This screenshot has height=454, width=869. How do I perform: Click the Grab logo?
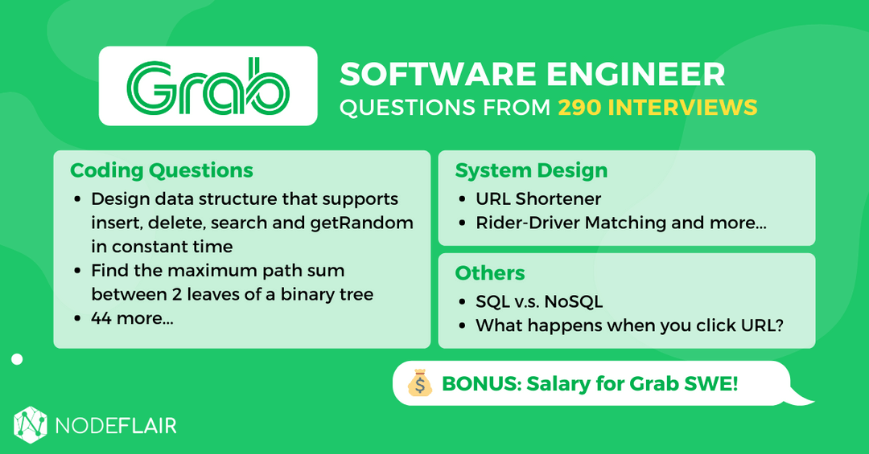pos(208,86)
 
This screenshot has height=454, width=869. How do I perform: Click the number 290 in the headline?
pos(583,107)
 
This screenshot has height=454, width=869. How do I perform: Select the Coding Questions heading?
pos(161,170)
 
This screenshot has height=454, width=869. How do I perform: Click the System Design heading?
pos(531,170)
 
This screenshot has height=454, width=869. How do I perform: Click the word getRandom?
pos(362,223)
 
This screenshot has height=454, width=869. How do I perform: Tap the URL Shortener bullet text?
pos(538,198)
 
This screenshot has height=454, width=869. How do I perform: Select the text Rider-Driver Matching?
pos(571,223)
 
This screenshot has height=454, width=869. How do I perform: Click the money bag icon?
pos(419,384)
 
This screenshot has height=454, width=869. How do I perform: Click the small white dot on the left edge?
pos(17,359)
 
